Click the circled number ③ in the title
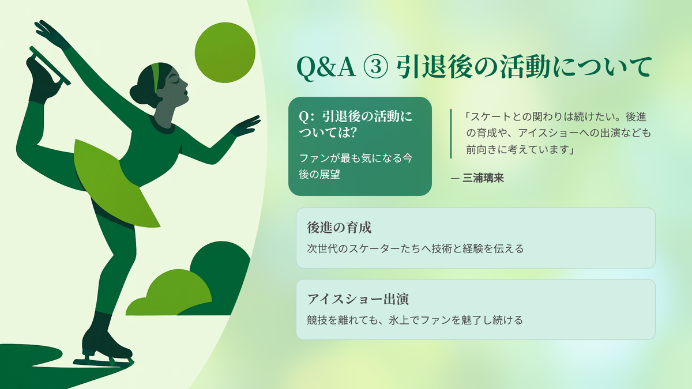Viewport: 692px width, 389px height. [375, 67]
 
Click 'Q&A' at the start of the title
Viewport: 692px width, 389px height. [326, 67]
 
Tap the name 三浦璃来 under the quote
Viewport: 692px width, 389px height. [483, 178]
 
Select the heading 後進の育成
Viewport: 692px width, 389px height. [339, 228]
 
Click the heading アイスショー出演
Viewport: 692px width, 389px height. [358, 299]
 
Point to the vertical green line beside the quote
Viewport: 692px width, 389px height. [451, 134]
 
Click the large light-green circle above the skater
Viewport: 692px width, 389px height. [225, 52]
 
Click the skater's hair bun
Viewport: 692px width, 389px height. [137, 94]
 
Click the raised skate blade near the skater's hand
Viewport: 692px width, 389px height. [50, 66]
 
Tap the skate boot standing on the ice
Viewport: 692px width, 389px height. [105, 343]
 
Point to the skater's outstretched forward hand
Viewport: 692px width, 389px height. [246, 126]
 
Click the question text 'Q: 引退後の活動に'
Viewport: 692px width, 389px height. [356, 116]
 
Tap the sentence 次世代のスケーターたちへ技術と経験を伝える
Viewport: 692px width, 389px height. [415, 248]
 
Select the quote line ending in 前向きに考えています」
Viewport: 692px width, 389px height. [520, 150]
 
